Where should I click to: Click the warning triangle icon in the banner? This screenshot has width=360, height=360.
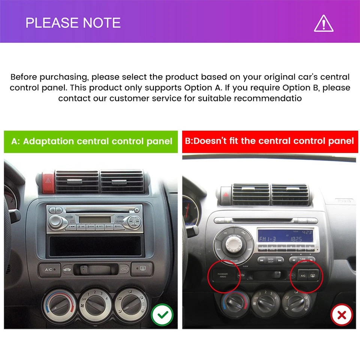coord(323,23)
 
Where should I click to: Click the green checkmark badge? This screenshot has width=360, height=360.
coord(162,315)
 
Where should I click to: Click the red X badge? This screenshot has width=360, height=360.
coord(342,315)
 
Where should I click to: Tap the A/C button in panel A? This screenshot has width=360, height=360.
coord(49,269)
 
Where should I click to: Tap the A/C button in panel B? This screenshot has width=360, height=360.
coord(303,276)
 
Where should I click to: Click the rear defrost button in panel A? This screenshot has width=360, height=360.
coord(142,268)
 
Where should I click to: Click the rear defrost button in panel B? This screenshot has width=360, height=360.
coord(313,276)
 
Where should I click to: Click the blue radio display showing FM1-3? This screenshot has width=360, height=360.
coord(285,236)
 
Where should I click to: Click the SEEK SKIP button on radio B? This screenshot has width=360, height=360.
coord(270,260)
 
